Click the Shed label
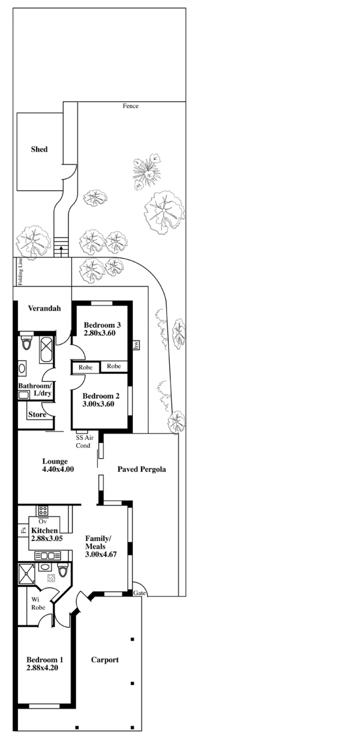[39, 149]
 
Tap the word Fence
[130, 106]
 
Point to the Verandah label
[44, 308]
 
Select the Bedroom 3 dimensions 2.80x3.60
[99, 333]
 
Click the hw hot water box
[136, 345]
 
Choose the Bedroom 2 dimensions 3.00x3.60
[99, 404]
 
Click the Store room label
[37, 415]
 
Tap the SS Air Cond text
[85, 442]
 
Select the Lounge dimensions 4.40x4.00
[58, 469]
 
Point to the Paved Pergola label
[142, 469]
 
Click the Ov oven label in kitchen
[43, 522]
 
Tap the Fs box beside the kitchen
[23, 531]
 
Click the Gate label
[139, 593]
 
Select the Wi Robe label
[38, 604]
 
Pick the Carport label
[105, 660]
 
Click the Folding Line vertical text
[20, 271]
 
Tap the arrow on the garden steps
[61, 251]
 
